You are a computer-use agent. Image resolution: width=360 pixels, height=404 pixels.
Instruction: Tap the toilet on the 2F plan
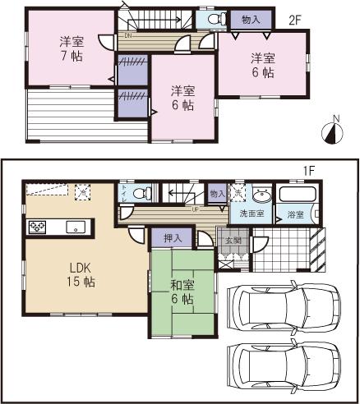pos(212,19)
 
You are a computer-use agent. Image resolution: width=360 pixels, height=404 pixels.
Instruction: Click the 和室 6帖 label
pos(182,293)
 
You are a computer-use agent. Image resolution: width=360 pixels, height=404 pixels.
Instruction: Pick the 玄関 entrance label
pos(233,241)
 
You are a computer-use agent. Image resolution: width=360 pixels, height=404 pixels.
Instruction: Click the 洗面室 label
pos(252,213)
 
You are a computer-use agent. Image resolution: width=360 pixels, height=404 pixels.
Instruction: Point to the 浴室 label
pos(294,214)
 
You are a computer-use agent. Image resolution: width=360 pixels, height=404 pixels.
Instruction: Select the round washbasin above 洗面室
pos(263,195)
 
